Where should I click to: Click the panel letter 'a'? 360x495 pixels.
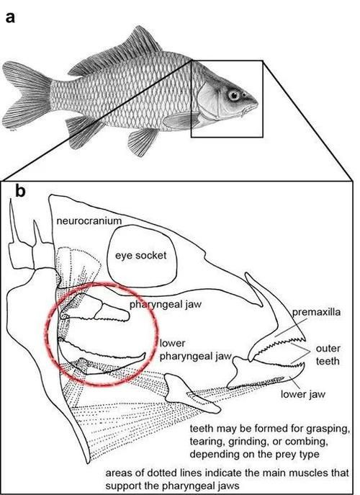tap(10, 17)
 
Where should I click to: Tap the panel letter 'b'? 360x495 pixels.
tap(20, 191)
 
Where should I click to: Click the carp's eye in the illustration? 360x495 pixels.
tap(234, 95)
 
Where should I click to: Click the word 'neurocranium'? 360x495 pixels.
tap(89, 220)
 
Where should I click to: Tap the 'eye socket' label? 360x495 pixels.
tap(140, 255)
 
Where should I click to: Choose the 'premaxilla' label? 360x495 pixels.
tap(316, 312)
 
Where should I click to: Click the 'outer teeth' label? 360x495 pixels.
tap(328, 354)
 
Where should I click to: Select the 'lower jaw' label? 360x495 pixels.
tap(303, 394)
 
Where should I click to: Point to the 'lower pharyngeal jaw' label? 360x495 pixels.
tap(196, 349)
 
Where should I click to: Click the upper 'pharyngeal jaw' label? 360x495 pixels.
tap(166, 305)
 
